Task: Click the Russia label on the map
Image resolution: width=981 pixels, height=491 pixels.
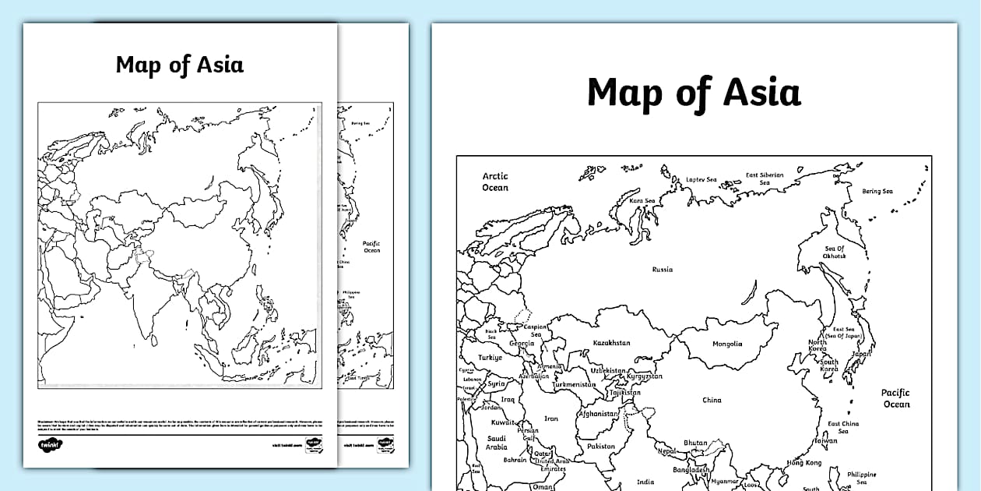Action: point(662,270)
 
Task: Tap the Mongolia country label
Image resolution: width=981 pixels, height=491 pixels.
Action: point(727,344)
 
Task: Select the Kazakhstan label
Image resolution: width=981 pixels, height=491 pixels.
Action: point(611,343)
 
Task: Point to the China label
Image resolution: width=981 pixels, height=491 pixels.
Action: point(712,401)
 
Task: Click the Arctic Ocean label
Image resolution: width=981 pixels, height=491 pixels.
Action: point(495,182)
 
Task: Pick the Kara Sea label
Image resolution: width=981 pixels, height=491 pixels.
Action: point(642,201)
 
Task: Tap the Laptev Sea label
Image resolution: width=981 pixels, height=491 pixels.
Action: point(701,179)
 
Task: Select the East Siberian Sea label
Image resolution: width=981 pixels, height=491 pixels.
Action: point(765,179)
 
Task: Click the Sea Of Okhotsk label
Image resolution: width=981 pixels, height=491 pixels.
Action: point(835,253)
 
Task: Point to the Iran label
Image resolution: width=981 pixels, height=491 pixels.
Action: point(551,419)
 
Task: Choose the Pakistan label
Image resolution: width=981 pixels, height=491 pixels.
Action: point(601,447)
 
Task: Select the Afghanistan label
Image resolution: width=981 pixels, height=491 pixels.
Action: point(599,415)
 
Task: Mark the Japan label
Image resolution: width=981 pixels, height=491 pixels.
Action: point(862,354)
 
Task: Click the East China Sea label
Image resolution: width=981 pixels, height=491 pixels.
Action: point(843,428)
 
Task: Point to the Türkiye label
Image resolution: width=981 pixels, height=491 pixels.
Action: point(490,358)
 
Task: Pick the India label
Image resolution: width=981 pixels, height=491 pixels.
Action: point(645,482)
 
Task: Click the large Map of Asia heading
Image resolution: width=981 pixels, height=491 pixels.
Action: point(693,93)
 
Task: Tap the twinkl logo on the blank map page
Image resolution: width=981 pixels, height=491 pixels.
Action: point(51,445)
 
